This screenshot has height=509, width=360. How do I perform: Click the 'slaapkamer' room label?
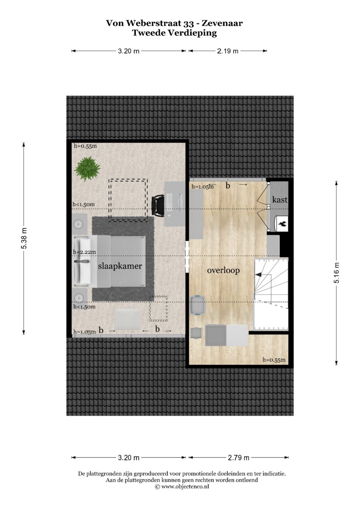click(120, 266)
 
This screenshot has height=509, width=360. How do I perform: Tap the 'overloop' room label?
click(223, 270)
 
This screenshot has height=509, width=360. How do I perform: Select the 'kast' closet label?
click(280, 200)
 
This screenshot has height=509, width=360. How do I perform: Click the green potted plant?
click(87, 168)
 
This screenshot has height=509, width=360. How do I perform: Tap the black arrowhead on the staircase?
click(258, 275)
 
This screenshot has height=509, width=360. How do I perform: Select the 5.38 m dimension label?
click(24, 238)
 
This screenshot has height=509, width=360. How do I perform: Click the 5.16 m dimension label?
click(336, 273)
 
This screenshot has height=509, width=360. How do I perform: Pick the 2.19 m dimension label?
click(228, 51)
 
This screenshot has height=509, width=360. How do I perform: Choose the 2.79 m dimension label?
click(239, 458)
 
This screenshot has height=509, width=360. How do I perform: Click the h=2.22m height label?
click(85, 252)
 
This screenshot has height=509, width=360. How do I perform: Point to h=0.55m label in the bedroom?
click(85, 146)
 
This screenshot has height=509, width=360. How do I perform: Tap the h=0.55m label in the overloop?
click(274, 360)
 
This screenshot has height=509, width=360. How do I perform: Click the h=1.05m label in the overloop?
click(203, 187)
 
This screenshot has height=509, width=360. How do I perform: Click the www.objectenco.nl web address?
click(185, 486)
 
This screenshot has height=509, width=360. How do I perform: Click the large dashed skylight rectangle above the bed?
click(128, 200)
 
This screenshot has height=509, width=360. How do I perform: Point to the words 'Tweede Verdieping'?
click(174, 33)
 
